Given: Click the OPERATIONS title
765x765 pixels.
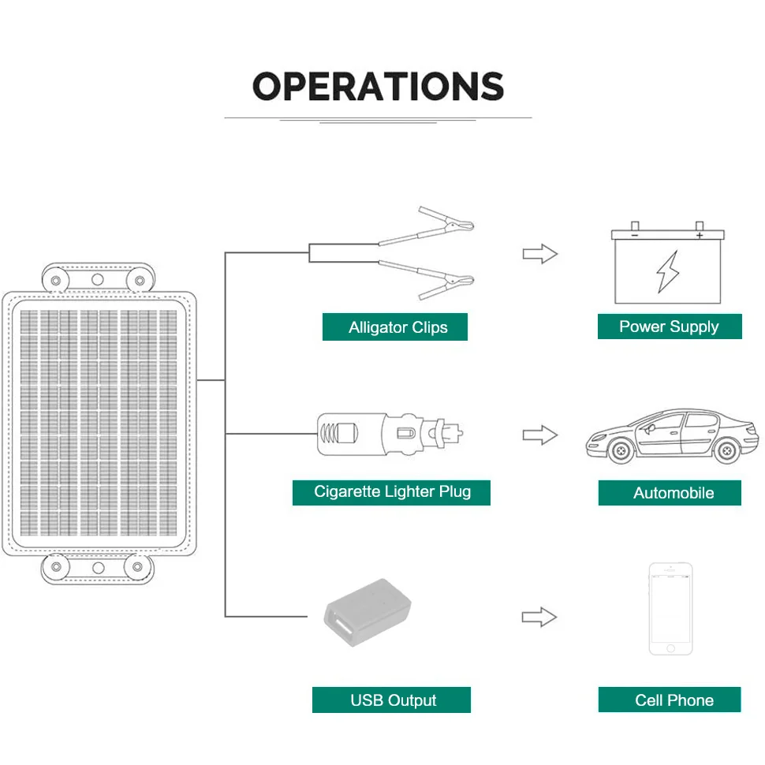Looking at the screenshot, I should (x=378, y=86).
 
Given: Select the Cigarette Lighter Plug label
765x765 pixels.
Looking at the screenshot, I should (x=392, y=492).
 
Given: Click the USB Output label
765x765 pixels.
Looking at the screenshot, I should (x=392, y=700).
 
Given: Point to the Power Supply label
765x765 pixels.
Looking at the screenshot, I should (x=669, y=327).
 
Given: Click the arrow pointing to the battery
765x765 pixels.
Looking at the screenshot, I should (x=539, y=254).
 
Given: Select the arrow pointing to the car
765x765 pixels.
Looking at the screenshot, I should (x=539, y=435).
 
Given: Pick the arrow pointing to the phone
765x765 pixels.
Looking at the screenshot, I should (x=539, y=617).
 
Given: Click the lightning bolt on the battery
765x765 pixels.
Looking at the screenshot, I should (x=667, y=271).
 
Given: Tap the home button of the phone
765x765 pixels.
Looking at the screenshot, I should (x=670, y=648).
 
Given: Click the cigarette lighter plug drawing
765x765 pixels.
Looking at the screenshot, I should (x=386, y=433).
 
